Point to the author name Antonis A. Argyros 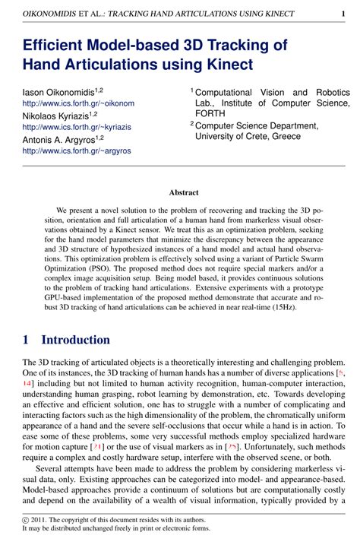(x=55, y=139)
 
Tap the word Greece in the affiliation (x=286, y=137)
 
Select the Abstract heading (x=184, y=193)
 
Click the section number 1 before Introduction (x=26, y=340)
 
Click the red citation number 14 (x=28, y=385)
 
